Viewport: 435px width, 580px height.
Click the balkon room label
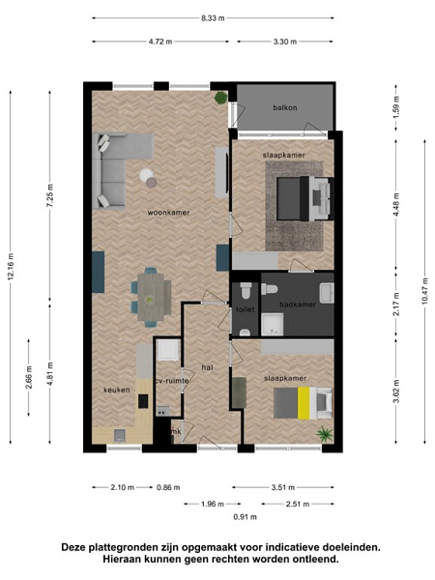pyautogui.click(x=285, y=107)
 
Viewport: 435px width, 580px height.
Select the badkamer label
pyautogui.click(x=298, y=304)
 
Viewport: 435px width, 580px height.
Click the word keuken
pyautogui.click(x=117, y=390)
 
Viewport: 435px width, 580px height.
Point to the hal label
pyautogui.click(x=208, y=367)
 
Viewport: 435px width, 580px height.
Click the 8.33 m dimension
pyautogui.click(x=213, y=17)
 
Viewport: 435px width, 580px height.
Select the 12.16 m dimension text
pyautogui.click(x=11, y=267)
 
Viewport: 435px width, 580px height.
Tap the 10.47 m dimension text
pyautogui.click(x=424, y=291)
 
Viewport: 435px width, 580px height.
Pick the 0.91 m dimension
pyautogui.click(x=245, y=517)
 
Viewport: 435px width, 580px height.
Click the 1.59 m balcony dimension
pyautogui.click(x=396, y=107)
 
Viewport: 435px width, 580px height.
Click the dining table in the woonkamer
pyautogui.click(x=151, y=297)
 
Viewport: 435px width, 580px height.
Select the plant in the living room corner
pyautogui.click(x=221, y=98)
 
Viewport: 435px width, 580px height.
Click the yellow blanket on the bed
pyautogui.click(x=304, y=403)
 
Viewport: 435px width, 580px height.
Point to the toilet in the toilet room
pyautogui.click(x=246, y=290)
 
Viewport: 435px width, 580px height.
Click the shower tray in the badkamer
pyautogui.click(x=273, y=325)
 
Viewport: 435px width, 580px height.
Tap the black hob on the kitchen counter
pyautogui.click(x=143, y=401)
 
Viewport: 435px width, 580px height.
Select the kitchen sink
pyautogui.click(x=120, y=435)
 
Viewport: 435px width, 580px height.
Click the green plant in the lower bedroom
pyautogui.click(x=325, y=433)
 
